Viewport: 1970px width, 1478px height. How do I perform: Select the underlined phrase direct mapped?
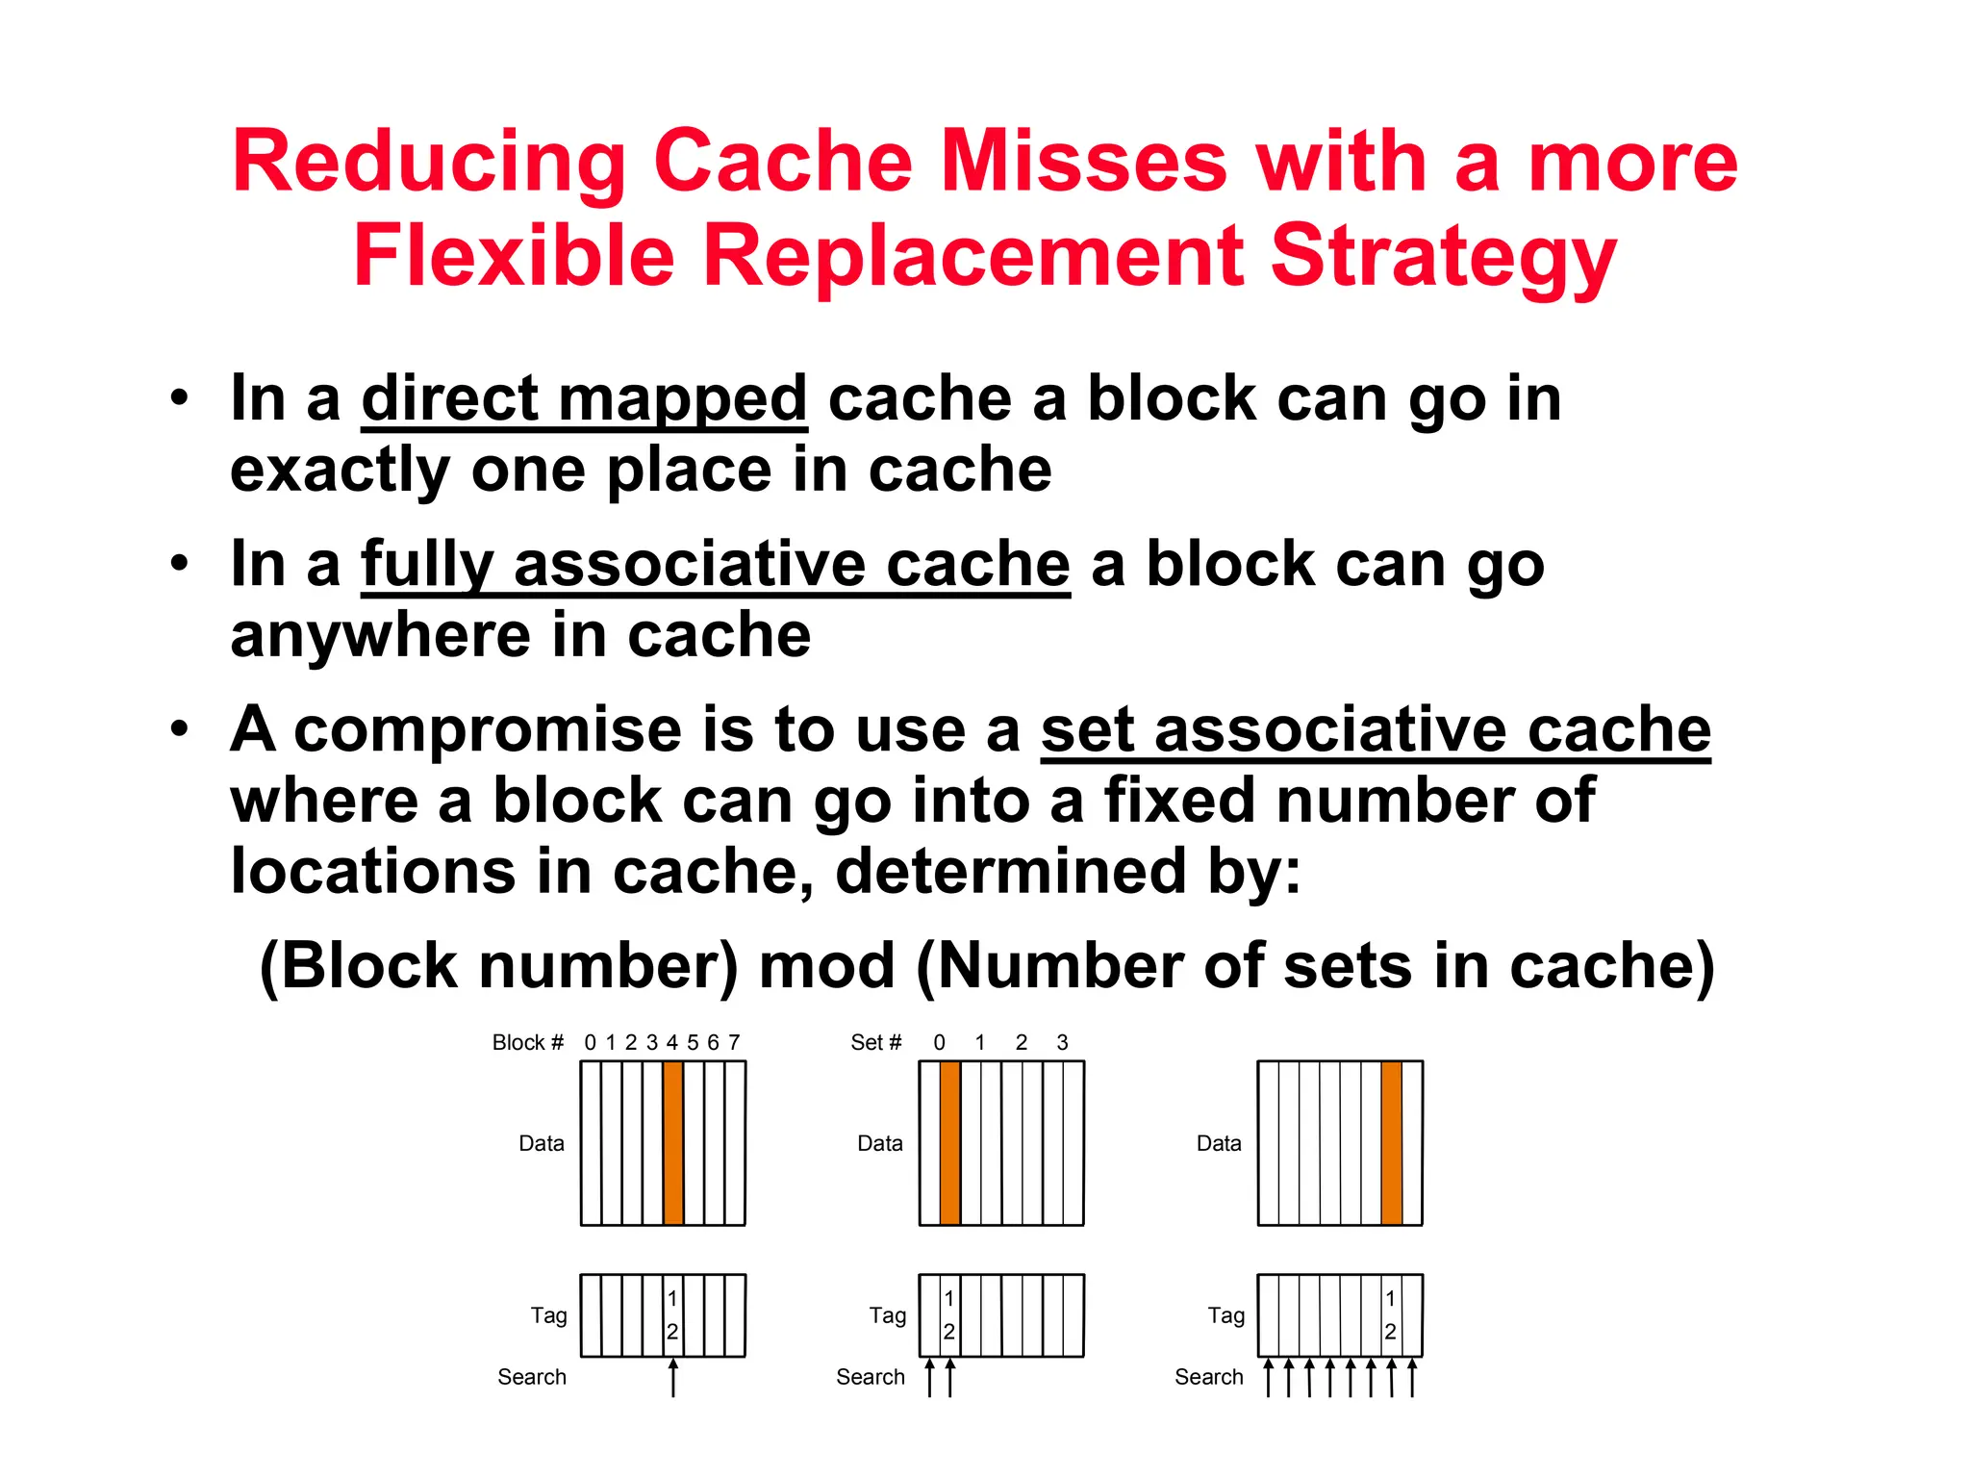(584, 398)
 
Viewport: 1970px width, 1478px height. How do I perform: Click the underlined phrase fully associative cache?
(715, 564)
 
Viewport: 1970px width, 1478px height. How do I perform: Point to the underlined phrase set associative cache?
(1375, 729)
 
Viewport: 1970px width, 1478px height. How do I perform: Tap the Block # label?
(527, 1042)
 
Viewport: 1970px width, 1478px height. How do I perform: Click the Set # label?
(875, 1042)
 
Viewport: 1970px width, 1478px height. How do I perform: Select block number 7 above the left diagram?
(734, 1042)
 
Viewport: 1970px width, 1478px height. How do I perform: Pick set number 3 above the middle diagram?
(1062, 1042)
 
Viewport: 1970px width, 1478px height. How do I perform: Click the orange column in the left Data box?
(672, 1142)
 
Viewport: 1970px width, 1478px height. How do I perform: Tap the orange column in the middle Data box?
(949, 1142)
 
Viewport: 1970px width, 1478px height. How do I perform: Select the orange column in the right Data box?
(1391, 1142)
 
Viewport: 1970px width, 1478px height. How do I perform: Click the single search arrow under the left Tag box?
(673, 1377)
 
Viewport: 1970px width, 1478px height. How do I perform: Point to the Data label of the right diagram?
(1219, 1143)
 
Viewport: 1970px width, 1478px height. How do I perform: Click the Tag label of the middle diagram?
(887, 1314)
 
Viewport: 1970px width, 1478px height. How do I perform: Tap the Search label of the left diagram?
(531, 1377)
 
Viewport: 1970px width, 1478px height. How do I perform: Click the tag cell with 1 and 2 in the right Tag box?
(1390, 1314)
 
